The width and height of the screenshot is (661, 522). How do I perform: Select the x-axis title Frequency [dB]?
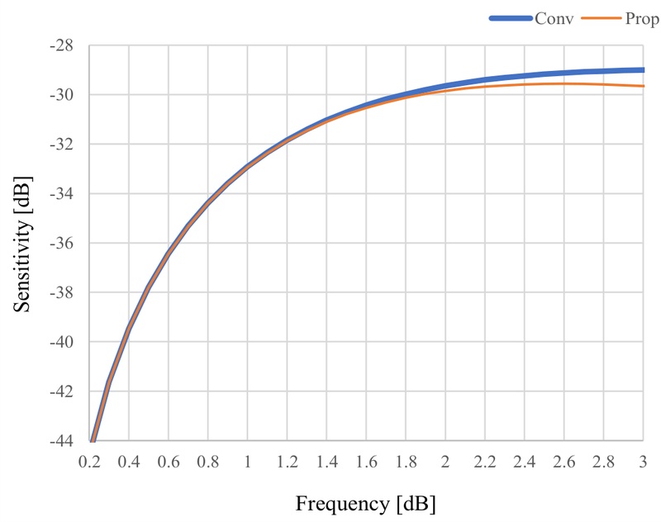[x=365, y=502]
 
